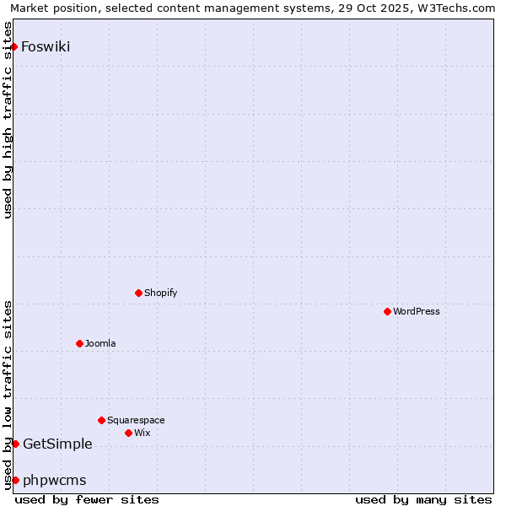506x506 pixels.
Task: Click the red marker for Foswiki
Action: [x=14, y=46]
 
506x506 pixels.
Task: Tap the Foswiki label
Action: [x=46, y=46]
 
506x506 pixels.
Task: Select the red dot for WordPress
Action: [x=387, y=311]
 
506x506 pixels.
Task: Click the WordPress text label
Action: [x=416, y=311]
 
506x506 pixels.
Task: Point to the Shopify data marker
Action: [x=138, y=293]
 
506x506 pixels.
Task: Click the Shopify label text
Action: [x=160, y=293]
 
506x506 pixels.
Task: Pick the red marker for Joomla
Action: [x=79, y=343]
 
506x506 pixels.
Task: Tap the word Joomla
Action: [x=100, y=343]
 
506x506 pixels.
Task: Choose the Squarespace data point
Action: [x=101, y=420]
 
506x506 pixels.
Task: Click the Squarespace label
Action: [x=136, y=420]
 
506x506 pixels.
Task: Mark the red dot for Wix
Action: [x=128, y=433]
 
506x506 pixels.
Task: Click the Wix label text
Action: [x=142, y=433]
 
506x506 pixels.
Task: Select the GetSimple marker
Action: [x=15, y=444]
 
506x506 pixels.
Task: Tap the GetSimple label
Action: [x=57, y=444]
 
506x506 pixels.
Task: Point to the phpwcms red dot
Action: [x=15, y=480]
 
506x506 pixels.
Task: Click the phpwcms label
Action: [x=54, y=481]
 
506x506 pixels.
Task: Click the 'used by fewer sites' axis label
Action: [x=87, y=499]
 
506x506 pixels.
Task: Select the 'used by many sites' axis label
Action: [x=423, y=499]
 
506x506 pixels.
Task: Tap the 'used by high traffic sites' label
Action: [x=8, y=120]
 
